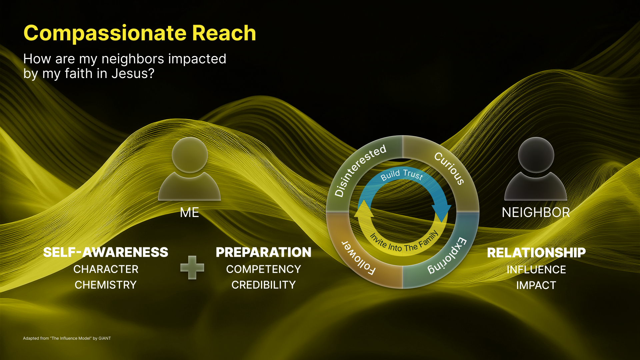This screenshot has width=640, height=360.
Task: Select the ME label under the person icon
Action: pyautogui.click(x=189, y=212)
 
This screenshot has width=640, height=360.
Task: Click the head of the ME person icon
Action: pyautogui.click(x=190, y=155)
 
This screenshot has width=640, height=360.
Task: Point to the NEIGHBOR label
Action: pyautogui.click(x=536, y=212)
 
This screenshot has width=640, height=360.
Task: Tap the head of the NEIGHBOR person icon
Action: pyautogui.click(x=536, y=155)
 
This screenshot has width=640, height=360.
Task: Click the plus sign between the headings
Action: pyautogui.click(x=192, y=267)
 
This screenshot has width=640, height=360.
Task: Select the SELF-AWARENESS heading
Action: pyautogui.click(x=106, y=252)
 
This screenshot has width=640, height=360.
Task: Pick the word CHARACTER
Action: pyautogui.click(x=106, y=269)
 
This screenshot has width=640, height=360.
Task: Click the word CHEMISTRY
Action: pyautogui.click(x=106, y=285)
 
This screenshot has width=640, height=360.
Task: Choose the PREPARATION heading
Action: pyautogui.click(x=264, y=252)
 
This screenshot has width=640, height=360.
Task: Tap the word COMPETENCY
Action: pyautogui.click(x=264, y=269)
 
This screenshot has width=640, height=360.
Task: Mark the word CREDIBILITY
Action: pyautogui.click(x=264, y=285)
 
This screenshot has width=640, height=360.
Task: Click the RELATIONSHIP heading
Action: pyautogui.click(x=536, y=253)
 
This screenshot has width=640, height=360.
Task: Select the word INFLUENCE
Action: pyautogui.click(x=536, y=270)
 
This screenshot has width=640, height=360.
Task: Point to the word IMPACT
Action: pyautogui.click(x=536, y=285)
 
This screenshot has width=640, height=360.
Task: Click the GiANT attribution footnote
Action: pyautogui.click(x=67, y=338)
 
